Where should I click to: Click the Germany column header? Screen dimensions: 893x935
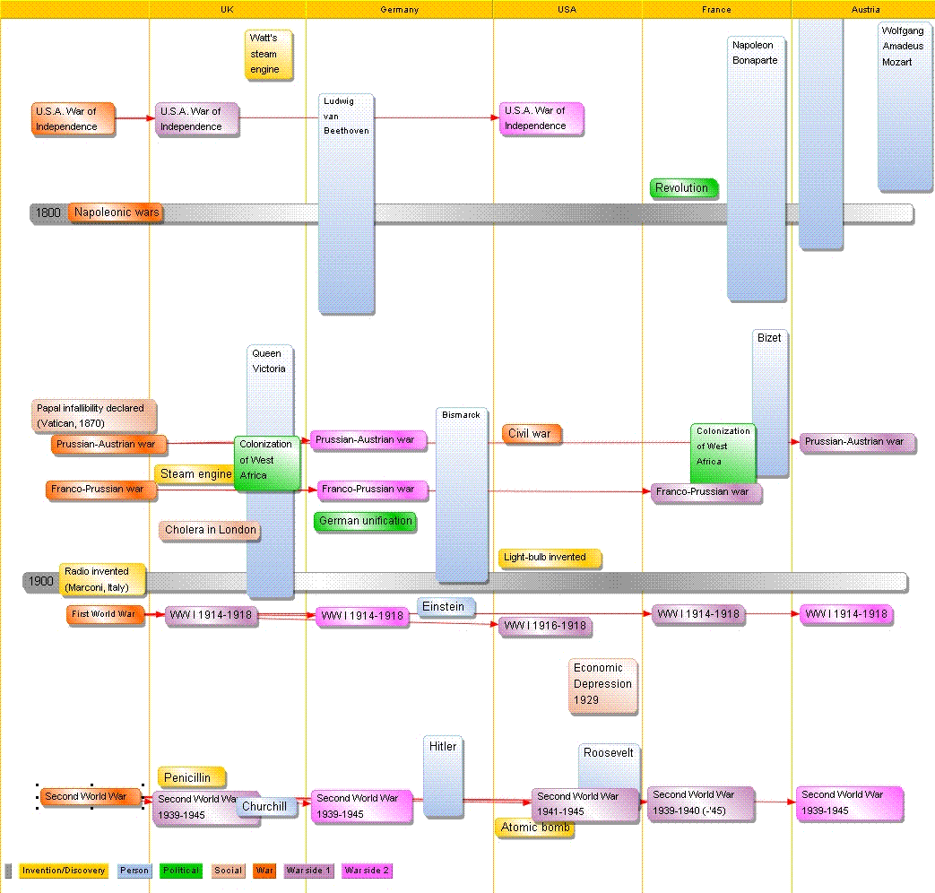coord(399,9)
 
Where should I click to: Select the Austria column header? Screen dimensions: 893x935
coord(865,9)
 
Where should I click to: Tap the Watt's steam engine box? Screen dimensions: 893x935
coord(268,54)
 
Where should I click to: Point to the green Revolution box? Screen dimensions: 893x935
coord(684,188)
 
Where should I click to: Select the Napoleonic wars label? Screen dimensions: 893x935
coord(117,212)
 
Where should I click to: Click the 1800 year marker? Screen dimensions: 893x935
coord(48,212)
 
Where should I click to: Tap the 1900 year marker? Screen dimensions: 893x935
coord(41,581)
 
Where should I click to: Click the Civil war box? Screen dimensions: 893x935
coord(531,434)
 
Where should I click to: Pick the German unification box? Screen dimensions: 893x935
coord(365,521)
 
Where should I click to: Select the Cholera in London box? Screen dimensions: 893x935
coord(210,530)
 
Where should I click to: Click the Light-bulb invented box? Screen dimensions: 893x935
coord(549,558)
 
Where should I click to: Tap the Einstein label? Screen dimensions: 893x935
coord(445,607)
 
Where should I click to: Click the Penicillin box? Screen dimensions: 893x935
coord(190,777)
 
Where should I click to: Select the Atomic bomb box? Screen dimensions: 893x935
coord(535,828)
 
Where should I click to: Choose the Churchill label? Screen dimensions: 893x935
coord(266,807)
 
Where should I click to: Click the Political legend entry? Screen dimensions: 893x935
coord(181,871)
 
